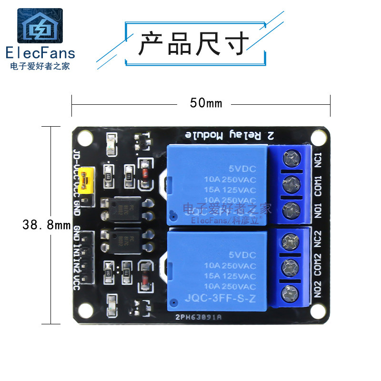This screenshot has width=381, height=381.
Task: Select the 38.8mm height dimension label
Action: coord(46,224)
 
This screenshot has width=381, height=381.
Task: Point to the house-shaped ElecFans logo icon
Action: coord(40,27)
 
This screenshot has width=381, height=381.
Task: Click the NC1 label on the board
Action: coord(319,158)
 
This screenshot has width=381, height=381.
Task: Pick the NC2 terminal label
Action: coord(319,240)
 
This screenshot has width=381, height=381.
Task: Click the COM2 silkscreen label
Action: coord(319,265)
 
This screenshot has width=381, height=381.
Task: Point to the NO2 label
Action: coord(319,291)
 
